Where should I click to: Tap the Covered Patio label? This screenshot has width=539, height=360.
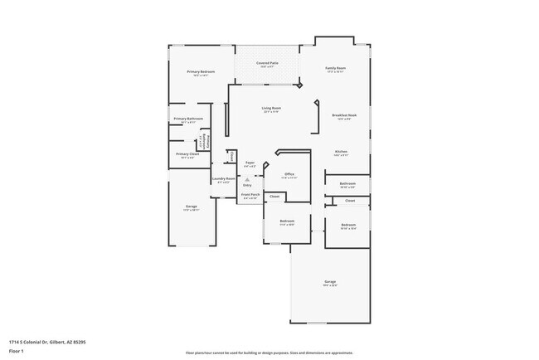point(266,63)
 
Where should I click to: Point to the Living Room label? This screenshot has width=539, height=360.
point(271,108)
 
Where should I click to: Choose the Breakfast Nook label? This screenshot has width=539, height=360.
point(343,115)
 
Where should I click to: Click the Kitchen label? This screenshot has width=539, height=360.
point(341,151)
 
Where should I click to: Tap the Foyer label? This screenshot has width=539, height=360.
point(249,164)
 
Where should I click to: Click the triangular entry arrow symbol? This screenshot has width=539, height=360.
point(247,179)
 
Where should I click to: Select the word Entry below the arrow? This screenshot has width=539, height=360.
point(247,185)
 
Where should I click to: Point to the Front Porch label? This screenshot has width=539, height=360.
point(250,194)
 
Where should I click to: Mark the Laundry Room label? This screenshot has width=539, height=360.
point(223,178)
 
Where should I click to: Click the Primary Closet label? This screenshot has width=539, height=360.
point(188,153)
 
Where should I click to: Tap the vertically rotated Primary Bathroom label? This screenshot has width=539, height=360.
point(207,140)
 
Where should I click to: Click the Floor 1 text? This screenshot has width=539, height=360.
point(17,351)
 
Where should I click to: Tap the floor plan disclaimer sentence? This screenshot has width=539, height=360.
point(269,353)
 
